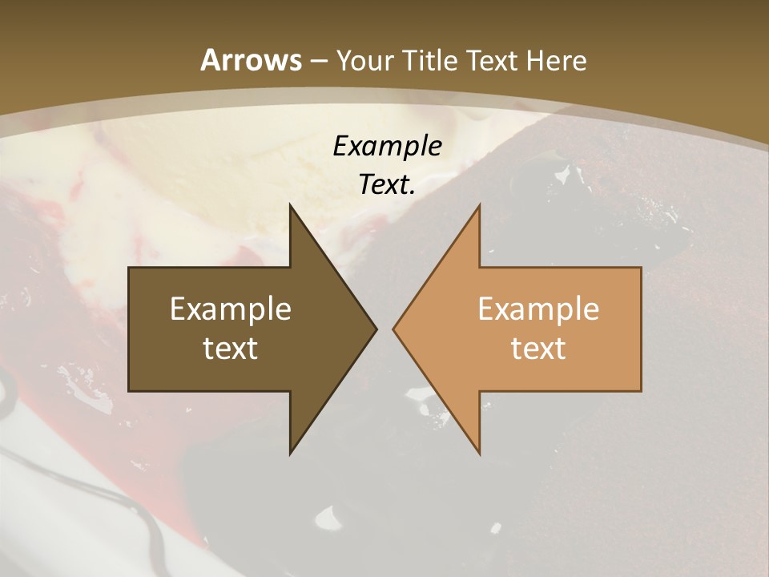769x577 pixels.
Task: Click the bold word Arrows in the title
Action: (251, 59)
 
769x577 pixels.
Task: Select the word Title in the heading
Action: (432, 60)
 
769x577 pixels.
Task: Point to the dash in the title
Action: (318, 61)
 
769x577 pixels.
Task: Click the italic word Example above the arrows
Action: (387, 146)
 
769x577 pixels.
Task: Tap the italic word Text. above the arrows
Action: (387, 184)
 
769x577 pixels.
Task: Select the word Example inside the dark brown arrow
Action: (231, 309)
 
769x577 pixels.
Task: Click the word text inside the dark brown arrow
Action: (231, 348)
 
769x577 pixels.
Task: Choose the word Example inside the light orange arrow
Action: (538, 309)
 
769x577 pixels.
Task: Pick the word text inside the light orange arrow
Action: (538, 348)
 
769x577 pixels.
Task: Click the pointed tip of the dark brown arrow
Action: (376, 329)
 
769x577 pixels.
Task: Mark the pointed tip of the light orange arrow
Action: (393, 329)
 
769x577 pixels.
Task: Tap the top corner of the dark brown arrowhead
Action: (290, 205)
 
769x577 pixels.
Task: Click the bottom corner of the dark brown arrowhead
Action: (290, 454)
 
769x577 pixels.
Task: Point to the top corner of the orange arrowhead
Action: (480, 205)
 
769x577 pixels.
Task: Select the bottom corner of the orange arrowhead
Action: (480, 454)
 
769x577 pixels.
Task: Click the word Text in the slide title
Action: (490, 60)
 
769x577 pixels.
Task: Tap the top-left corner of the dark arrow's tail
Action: (130, 268)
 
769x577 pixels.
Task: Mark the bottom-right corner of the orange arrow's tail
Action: (641, 390)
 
